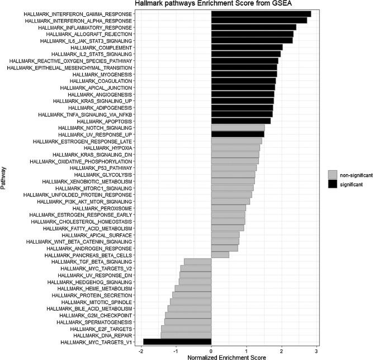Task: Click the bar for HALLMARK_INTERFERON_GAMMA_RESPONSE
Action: point(261,13)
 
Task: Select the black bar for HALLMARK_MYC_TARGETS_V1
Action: point(177,342)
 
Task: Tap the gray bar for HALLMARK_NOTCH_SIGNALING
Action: point(238,128)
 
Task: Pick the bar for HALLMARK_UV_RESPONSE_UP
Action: point(237,134)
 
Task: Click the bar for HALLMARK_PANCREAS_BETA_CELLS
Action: point(220,255)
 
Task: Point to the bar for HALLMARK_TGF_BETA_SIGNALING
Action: point(197,261)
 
